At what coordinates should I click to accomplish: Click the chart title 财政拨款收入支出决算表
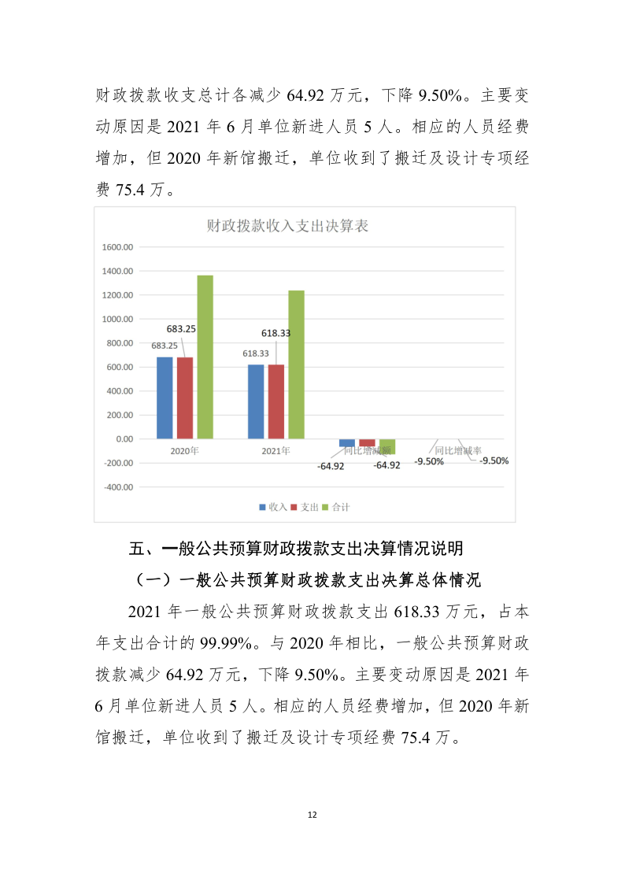pyautogui.click(x=287, y=227)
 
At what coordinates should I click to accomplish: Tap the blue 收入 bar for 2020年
pyautogui.click(x=165, y=398)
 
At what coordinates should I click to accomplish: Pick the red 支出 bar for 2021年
pyautogui.click(x=276, y=401)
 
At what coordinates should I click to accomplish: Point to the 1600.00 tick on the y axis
pyautogui.click(x=118, y=247)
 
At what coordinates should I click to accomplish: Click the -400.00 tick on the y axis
pyautogui.click(x=118, y=487)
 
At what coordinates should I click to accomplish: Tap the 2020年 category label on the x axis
pyautogui.click(x=185, y=451)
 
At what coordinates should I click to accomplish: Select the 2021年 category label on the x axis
pyautogui.click(x=276, y=451)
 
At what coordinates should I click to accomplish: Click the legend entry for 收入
pyautogui.click(x=273, y=508)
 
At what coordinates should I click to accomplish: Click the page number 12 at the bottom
pyautogui.click(x=312, y=815)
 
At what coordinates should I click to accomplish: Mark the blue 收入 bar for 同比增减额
pyautogui.click(x=347, y=443)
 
